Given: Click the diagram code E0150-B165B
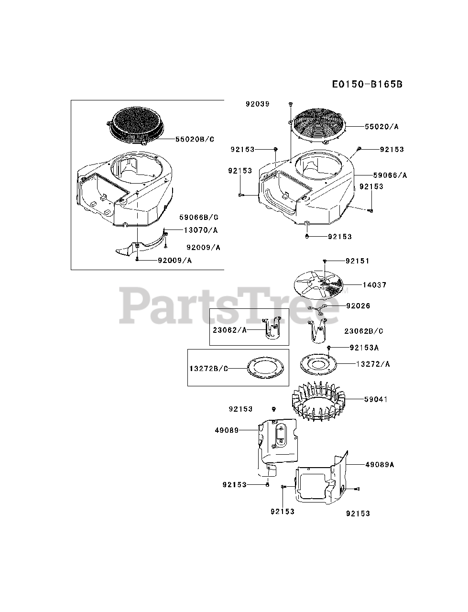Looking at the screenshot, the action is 367,85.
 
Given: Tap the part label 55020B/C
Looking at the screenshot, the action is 188,139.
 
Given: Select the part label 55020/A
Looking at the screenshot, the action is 381,127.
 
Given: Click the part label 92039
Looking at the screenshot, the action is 258,104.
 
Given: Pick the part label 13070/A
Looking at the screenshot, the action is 201,230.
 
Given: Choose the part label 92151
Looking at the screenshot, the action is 358,261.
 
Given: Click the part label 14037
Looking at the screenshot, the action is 374,285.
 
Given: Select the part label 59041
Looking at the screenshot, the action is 376,399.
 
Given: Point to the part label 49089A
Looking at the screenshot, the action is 380,464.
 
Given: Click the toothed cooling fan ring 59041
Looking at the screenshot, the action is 317,404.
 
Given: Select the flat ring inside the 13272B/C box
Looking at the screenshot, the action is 265,369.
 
